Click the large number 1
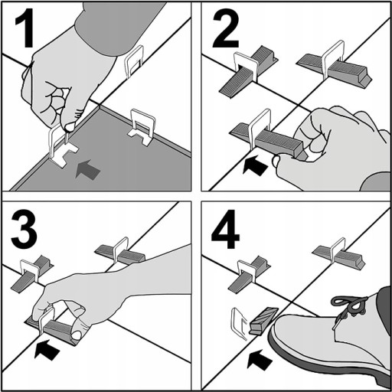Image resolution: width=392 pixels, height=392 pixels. pos(25,28)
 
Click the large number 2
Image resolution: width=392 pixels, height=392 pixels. pos(225,28)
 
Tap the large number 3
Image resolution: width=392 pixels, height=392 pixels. pos(24,229)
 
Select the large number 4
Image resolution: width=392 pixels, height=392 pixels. pos(225,229)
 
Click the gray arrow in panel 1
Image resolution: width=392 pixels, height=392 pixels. pos(87,169)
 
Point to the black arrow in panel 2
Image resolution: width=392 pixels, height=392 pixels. pos(255,165)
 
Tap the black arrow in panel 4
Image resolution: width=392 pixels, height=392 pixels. pos(260,360)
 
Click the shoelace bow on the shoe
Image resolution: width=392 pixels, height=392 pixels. pos(350,304)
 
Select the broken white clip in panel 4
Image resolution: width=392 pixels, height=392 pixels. pos(239,324)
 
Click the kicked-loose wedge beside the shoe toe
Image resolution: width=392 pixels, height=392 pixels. pos(263,320)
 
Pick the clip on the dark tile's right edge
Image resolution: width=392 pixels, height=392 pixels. pos(142,127)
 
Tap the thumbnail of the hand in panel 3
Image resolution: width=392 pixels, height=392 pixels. pos(77,335)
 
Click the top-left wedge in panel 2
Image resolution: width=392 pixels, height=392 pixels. pos(248,72)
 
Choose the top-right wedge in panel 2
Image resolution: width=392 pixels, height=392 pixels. pos(335,68)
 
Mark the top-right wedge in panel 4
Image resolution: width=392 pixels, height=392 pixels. pos(339,256)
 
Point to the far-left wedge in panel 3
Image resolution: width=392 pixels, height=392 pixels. pos(32,274)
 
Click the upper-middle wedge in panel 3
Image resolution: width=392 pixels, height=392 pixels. pos(120,254)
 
